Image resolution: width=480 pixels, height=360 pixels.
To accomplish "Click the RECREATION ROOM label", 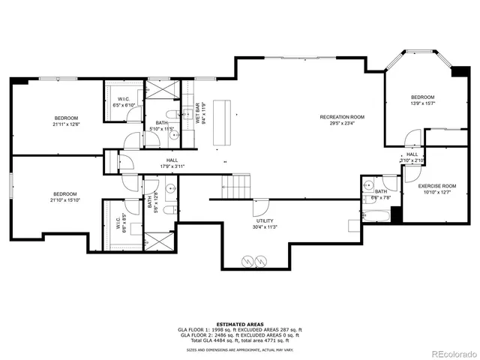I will coord(342,117).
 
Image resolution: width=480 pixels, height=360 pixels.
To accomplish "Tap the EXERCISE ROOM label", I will coord(437,185).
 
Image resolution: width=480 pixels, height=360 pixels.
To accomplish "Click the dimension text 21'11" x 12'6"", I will coord(66,124).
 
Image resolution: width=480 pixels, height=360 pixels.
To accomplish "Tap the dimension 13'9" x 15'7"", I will coord(422,104).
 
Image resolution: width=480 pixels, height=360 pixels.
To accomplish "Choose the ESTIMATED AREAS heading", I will coord(239,324).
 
